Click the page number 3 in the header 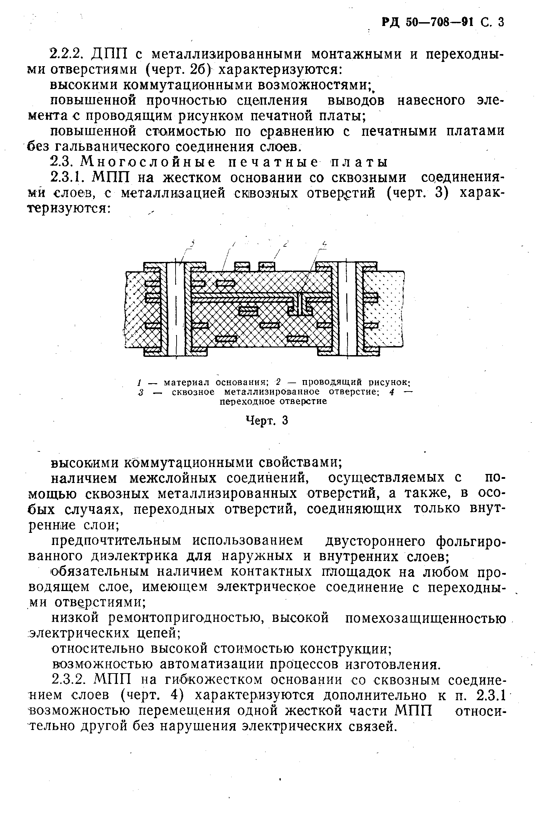[x=500, y=22]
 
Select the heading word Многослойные [x=147, y=162]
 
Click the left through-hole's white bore [x=176, y=309]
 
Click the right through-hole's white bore [x=347, y=309]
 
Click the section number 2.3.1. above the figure [x=69, y=178]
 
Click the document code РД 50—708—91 [x=428, y=22]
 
